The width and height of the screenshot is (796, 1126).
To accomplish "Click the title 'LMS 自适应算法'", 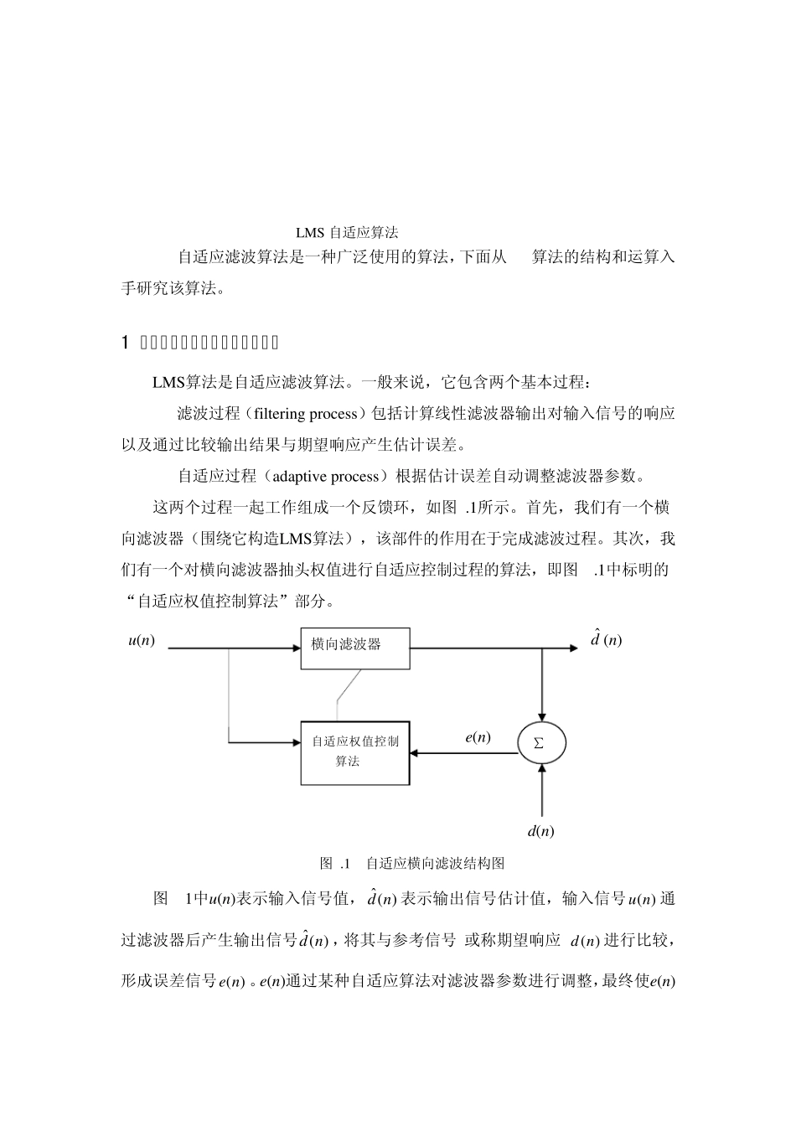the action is coord(347,232).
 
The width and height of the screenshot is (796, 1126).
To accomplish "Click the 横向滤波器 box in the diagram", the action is coord(355,648).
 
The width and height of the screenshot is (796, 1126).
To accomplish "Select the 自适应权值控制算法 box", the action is coord(355,752).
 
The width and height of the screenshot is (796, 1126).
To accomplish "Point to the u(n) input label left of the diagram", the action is coord(141,641).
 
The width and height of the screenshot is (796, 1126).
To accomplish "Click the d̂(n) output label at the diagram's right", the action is coord(606,640).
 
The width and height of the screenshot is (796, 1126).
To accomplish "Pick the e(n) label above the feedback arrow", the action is coord(478,737).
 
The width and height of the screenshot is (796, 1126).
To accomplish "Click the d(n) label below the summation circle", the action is coord(540,831).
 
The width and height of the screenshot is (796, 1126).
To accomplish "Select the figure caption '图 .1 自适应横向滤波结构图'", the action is coord(411,863).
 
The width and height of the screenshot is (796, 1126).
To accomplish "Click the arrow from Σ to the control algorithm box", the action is coord(463,753).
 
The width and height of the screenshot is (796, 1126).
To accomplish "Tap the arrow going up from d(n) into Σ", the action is coord(542,788).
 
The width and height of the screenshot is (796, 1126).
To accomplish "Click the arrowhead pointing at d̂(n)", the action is coord(573,648).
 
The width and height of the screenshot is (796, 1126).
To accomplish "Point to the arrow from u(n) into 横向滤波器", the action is coord(235,648).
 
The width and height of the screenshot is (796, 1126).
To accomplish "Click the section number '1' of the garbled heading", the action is coord(125,343).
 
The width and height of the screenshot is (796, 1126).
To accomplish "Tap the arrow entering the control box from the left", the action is coord(264,742).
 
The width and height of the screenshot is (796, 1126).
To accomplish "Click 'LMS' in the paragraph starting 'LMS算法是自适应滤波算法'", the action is coord(168,383).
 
